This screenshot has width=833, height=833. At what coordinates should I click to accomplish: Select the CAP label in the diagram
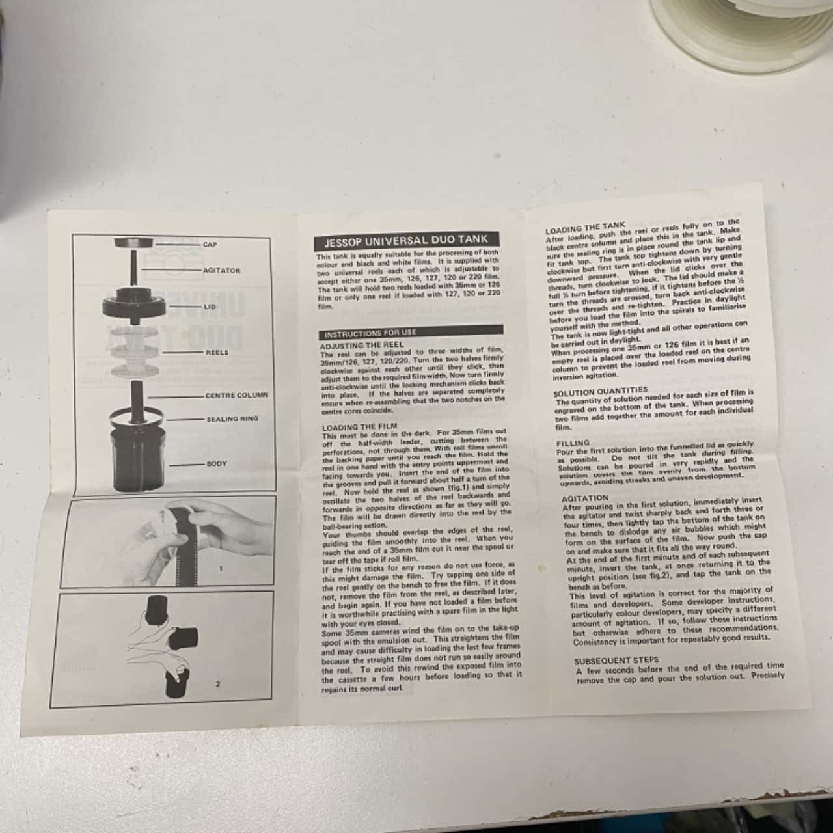coord(210,245)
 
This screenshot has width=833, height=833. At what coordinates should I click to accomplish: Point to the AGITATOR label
coord(221,271)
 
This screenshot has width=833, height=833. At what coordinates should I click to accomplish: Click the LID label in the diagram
coord(210,306)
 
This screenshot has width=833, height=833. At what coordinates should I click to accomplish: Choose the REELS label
coord(217,352)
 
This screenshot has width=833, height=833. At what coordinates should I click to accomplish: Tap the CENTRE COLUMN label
coord(236,395)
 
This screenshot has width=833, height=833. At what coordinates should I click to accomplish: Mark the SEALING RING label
coord(232,418)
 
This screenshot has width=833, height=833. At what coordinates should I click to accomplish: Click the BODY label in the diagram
coord(216,464)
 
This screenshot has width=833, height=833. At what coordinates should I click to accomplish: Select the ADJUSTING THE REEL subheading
coord(357,345)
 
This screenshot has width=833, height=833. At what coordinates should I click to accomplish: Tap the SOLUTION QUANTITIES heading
coord(601,391)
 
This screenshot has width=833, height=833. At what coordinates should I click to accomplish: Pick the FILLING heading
coord(573,443)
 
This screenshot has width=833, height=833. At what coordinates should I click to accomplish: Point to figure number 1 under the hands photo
coord(221,569)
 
